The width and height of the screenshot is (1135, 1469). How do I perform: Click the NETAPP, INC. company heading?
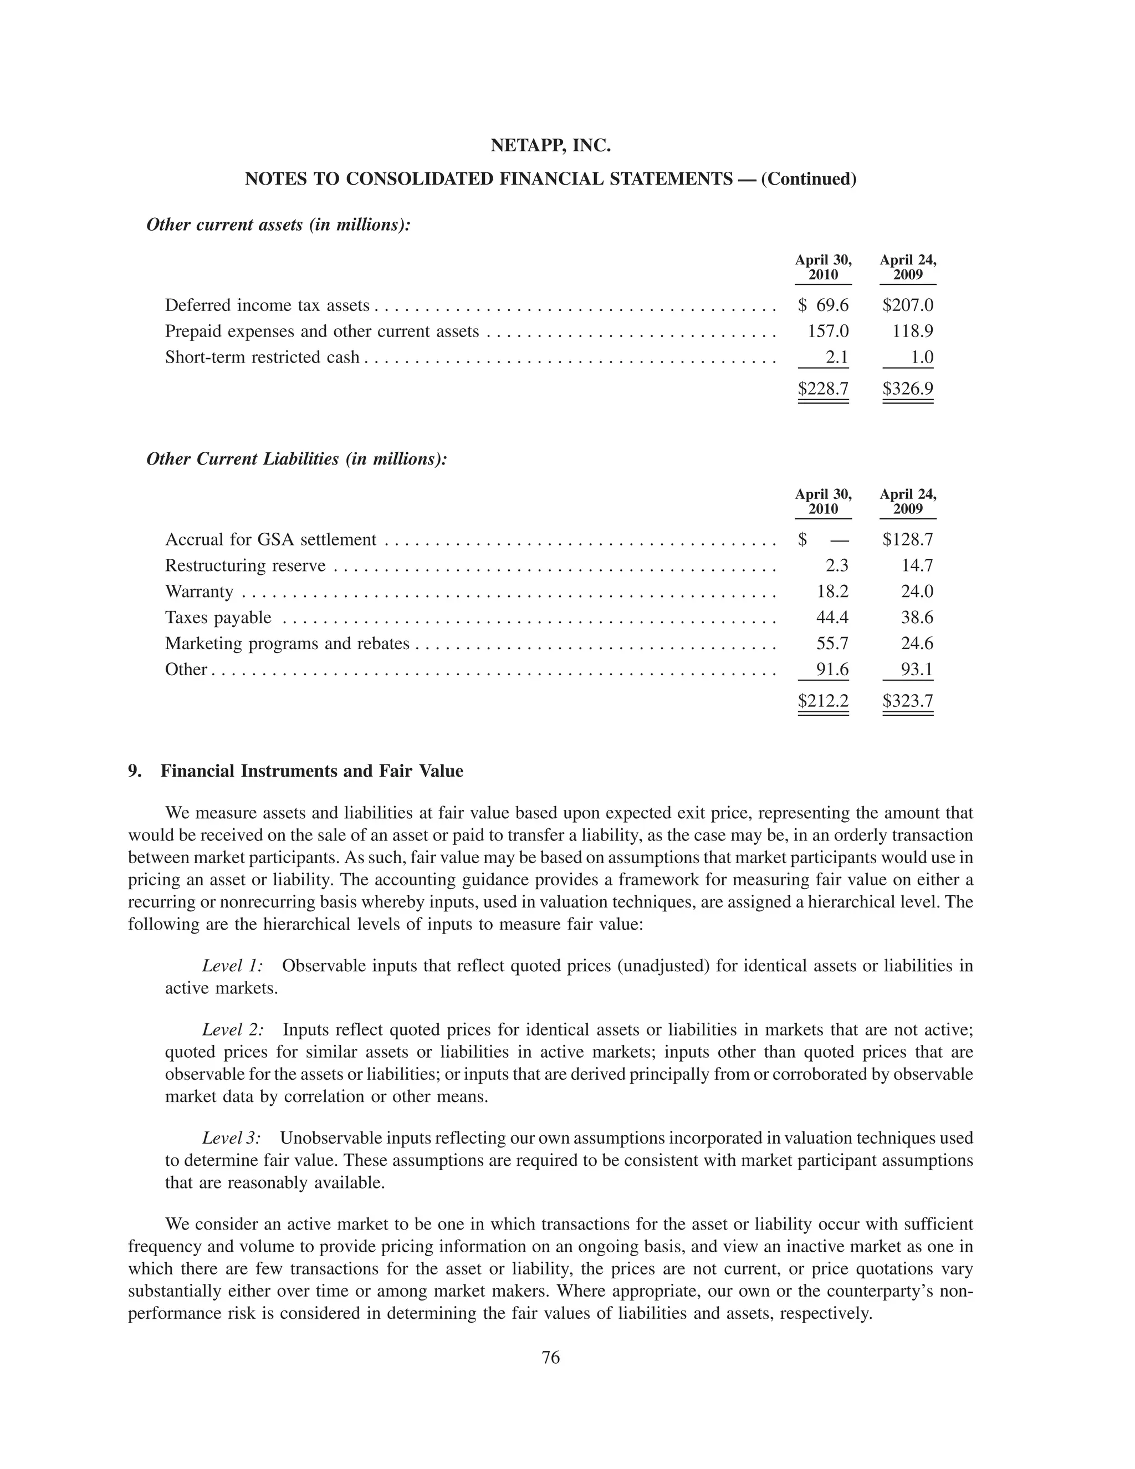point(550,145)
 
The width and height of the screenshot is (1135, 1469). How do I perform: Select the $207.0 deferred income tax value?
point(908,305)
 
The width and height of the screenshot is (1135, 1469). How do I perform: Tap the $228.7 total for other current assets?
point(823,389)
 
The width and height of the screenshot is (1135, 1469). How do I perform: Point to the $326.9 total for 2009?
point(908,389)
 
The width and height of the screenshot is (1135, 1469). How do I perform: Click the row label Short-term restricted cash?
point(262,357)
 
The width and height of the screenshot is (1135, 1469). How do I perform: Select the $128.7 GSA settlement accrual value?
point(908,539)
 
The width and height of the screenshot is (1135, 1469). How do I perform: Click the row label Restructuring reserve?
point(246,565)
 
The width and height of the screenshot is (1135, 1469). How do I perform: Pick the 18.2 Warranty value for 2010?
point(832,591)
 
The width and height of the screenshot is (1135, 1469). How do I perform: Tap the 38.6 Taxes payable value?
point(917,618)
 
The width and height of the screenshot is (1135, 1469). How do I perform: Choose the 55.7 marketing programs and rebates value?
point(832,644)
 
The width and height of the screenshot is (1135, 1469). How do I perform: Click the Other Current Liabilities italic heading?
point(296,460)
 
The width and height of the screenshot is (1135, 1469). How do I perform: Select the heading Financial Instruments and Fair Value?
point(311,771)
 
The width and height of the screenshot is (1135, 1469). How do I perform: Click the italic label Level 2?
point(233,1030)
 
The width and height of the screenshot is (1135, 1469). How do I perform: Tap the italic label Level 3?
point(231,1138)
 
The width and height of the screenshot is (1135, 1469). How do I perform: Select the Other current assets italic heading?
point(278,225)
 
